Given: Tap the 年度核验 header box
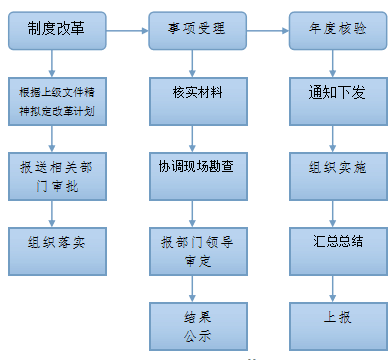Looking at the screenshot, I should point(335,31).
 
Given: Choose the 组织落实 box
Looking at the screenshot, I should point(57,240).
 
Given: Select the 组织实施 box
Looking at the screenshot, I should point(335,166).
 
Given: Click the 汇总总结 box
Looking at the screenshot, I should point(335,240).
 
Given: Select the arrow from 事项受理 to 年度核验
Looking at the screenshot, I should point(267,33).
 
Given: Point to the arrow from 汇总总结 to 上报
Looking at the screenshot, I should point(335,280).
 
